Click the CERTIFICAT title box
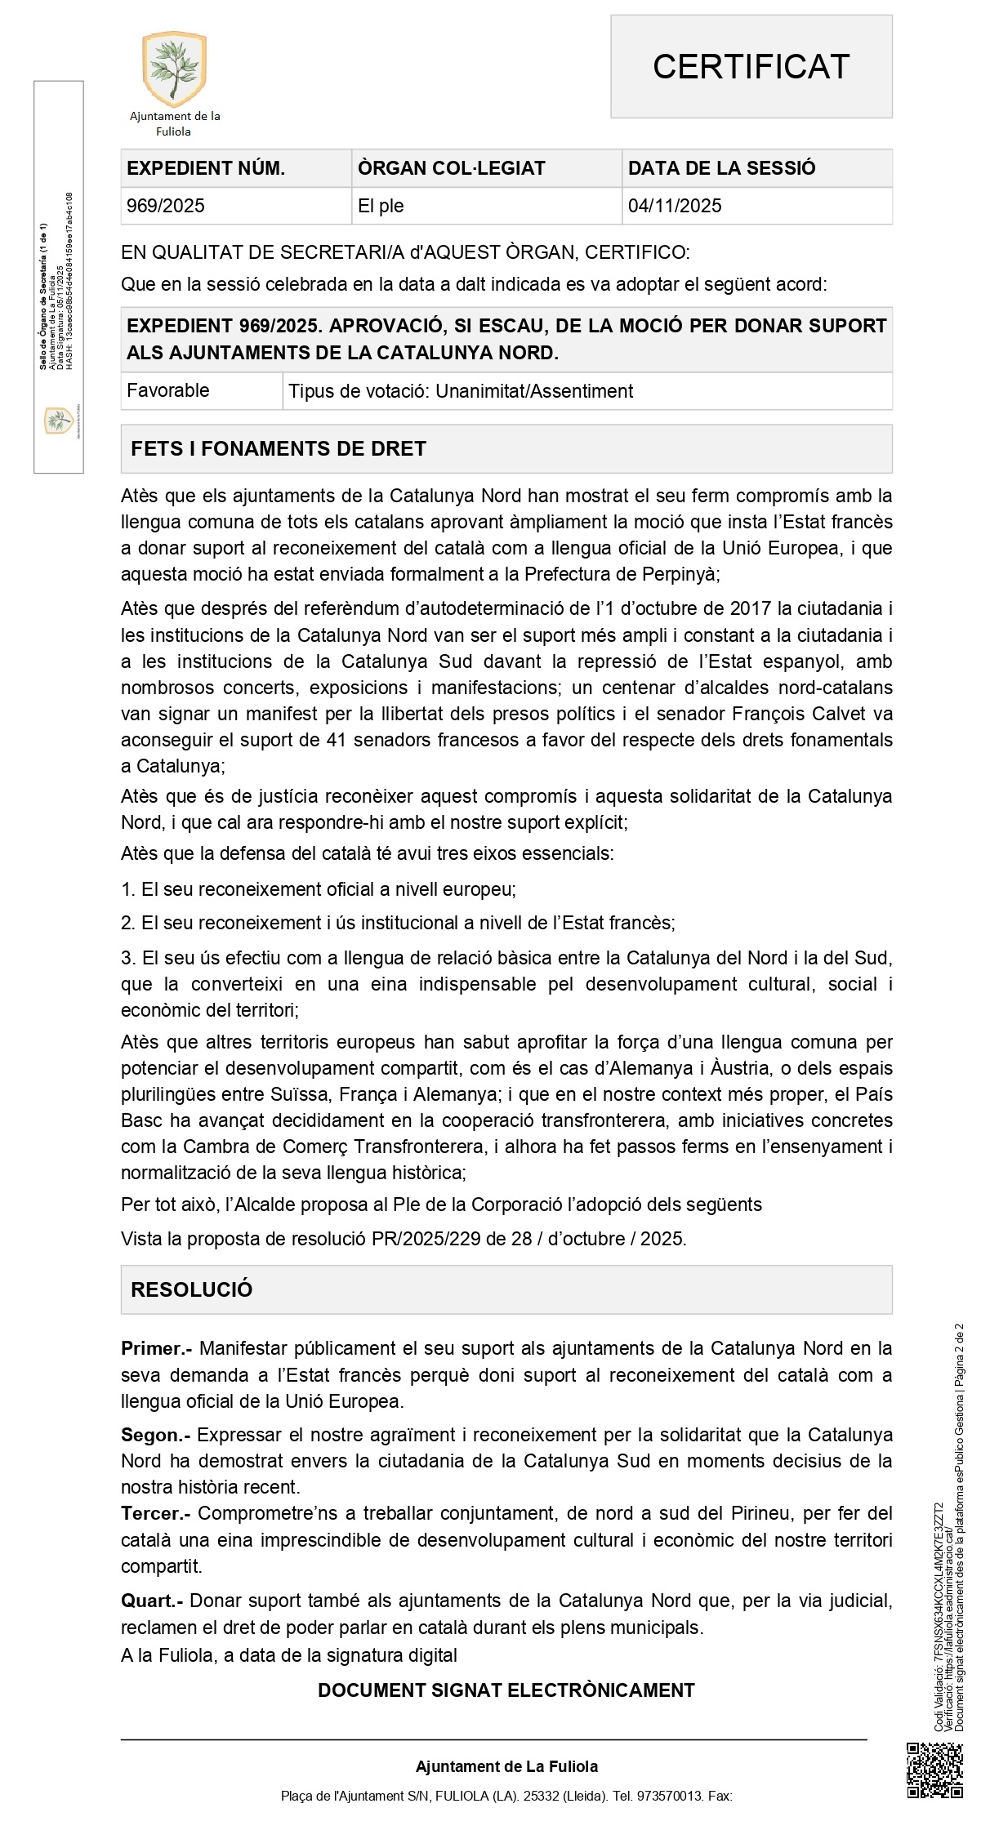pyautogui.click(x=751, y=67)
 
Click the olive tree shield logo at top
pyautogui.click(x=175, y=69)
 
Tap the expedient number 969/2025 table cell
pyautogui.click(x=166, y=206)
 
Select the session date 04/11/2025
pyautogui.click(x=675, y=206)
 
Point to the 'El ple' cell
pyautogui.click(x=381, y=206)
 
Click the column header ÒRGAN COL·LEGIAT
pyautogui.click(x=451, y=168)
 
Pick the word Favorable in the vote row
pyautogui.click(x=168, y=390)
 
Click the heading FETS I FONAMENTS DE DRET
pyautogui.click(x=279, y=448)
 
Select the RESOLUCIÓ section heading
pyautogui.click(x=192, y=1289)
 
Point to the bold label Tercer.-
pyautogui.click(x=155, y=1513)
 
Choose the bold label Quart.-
pyautogui.click(x=152, y=1601)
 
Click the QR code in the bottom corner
pyautogui.click(x=935, y=1771)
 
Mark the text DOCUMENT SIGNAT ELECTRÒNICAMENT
pyautogui.click(x=506, y=1690)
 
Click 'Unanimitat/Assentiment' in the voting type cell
pyautogui.click(x=534, y=391)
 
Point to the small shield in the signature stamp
pyautogui.click(x=58, y=421)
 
